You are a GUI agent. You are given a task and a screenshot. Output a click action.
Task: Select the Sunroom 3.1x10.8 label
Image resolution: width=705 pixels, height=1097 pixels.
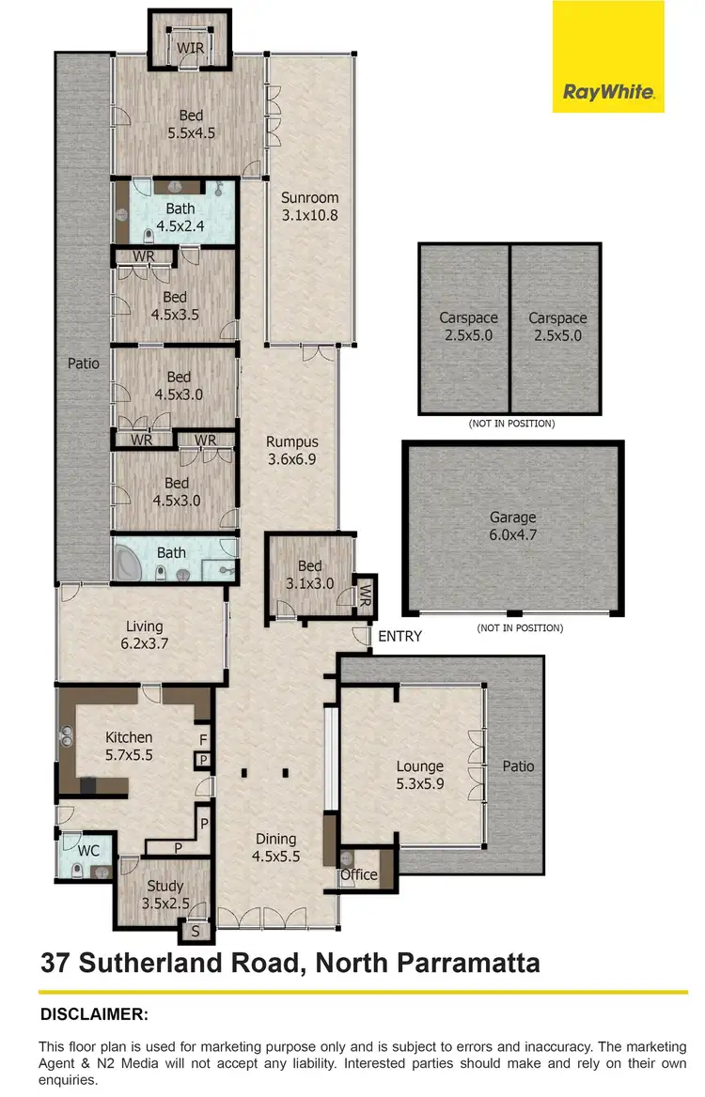[x=309, y=207]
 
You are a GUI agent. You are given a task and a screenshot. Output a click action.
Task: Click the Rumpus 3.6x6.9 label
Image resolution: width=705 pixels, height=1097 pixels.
[x=291, y=450]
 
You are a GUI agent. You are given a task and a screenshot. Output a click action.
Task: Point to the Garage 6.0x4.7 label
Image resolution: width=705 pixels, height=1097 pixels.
[x=512, y=526]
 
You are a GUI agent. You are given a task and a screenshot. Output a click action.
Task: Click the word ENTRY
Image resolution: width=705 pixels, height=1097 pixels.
[x=399, y=637]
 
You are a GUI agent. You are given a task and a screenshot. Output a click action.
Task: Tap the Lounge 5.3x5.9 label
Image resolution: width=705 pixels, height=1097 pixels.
[x=419, y=776]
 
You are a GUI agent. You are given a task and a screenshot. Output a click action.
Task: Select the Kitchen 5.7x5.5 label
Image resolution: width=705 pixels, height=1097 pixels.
[x=129, y=746]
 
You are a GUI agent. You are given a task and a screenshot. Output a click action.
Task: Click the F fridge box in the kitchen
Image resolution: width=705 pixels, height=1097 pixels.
[x=203, y=738]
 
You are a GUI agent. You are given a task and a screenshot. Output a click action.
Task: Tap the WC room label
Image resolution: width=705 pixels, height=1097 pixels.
[x=88, y=851]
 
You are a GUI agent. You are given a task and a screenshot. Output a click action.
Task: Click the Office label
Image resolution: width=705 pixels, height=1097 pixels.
[x=358, y=874]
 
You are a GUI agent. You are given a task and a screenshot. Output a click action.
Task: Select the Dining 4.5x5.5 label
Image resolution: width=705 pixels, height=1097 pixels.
[x=274, y=847]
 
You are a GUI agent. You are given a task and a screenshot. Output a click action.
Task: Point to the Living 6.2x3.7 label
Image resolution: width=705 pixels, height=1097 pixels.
[x=144, y=635]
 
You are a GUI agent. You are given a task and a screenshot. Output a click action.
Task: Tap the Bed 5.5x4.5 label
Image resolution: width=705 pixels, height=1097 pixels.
[x=191, y=124]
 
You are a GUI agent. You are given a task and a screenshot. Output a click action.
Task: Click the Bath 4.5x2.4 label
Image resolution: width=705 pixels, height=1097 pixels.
[x=180, y=216]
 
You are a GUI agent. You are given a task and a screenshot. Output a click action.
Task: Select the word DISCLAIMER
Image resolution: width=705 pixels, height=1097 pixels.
[x=94, y=1014]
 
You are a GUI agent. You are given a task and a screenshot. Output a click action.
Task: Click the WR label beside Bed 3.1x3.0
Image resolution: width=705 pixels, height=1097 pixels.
[x=366, y=595]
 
